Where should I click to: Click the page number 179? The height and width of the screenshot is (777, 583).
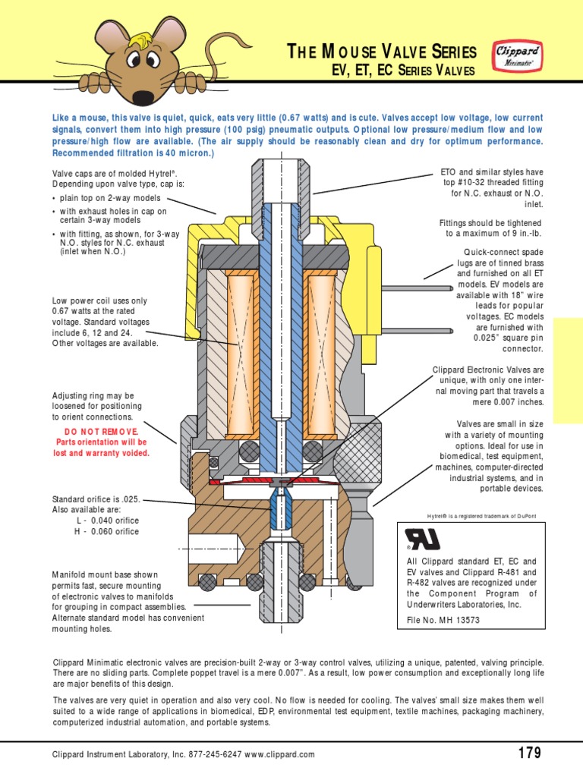528,753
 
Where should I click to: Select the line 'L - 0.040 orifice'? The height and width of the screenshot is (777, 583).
107,521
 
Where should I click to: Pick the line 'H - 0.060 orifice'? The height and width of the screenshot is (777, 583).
107,531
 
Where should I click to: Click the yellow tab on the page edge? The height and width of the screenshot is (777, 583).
568,370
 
